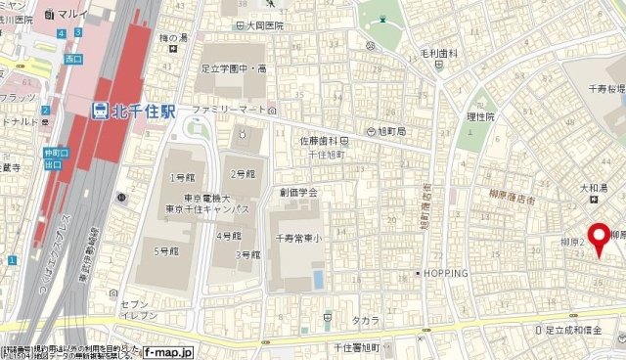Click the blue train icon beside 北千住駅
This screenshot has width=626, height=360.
tap(101, 111)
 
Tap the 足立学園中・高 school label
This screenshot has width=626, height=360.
tap(235, 69)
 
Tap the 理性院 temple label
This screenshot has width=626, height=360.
tap(482, 115)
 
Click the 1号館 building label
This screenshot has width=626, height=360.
tap(183, 177)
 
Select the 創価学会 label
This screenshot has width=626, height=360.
tap(300, 194)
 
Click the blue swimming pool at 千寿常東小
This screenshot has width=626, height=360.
tap(318, 279)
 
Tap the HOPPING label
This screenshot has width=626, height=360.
tap(447, 272)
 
